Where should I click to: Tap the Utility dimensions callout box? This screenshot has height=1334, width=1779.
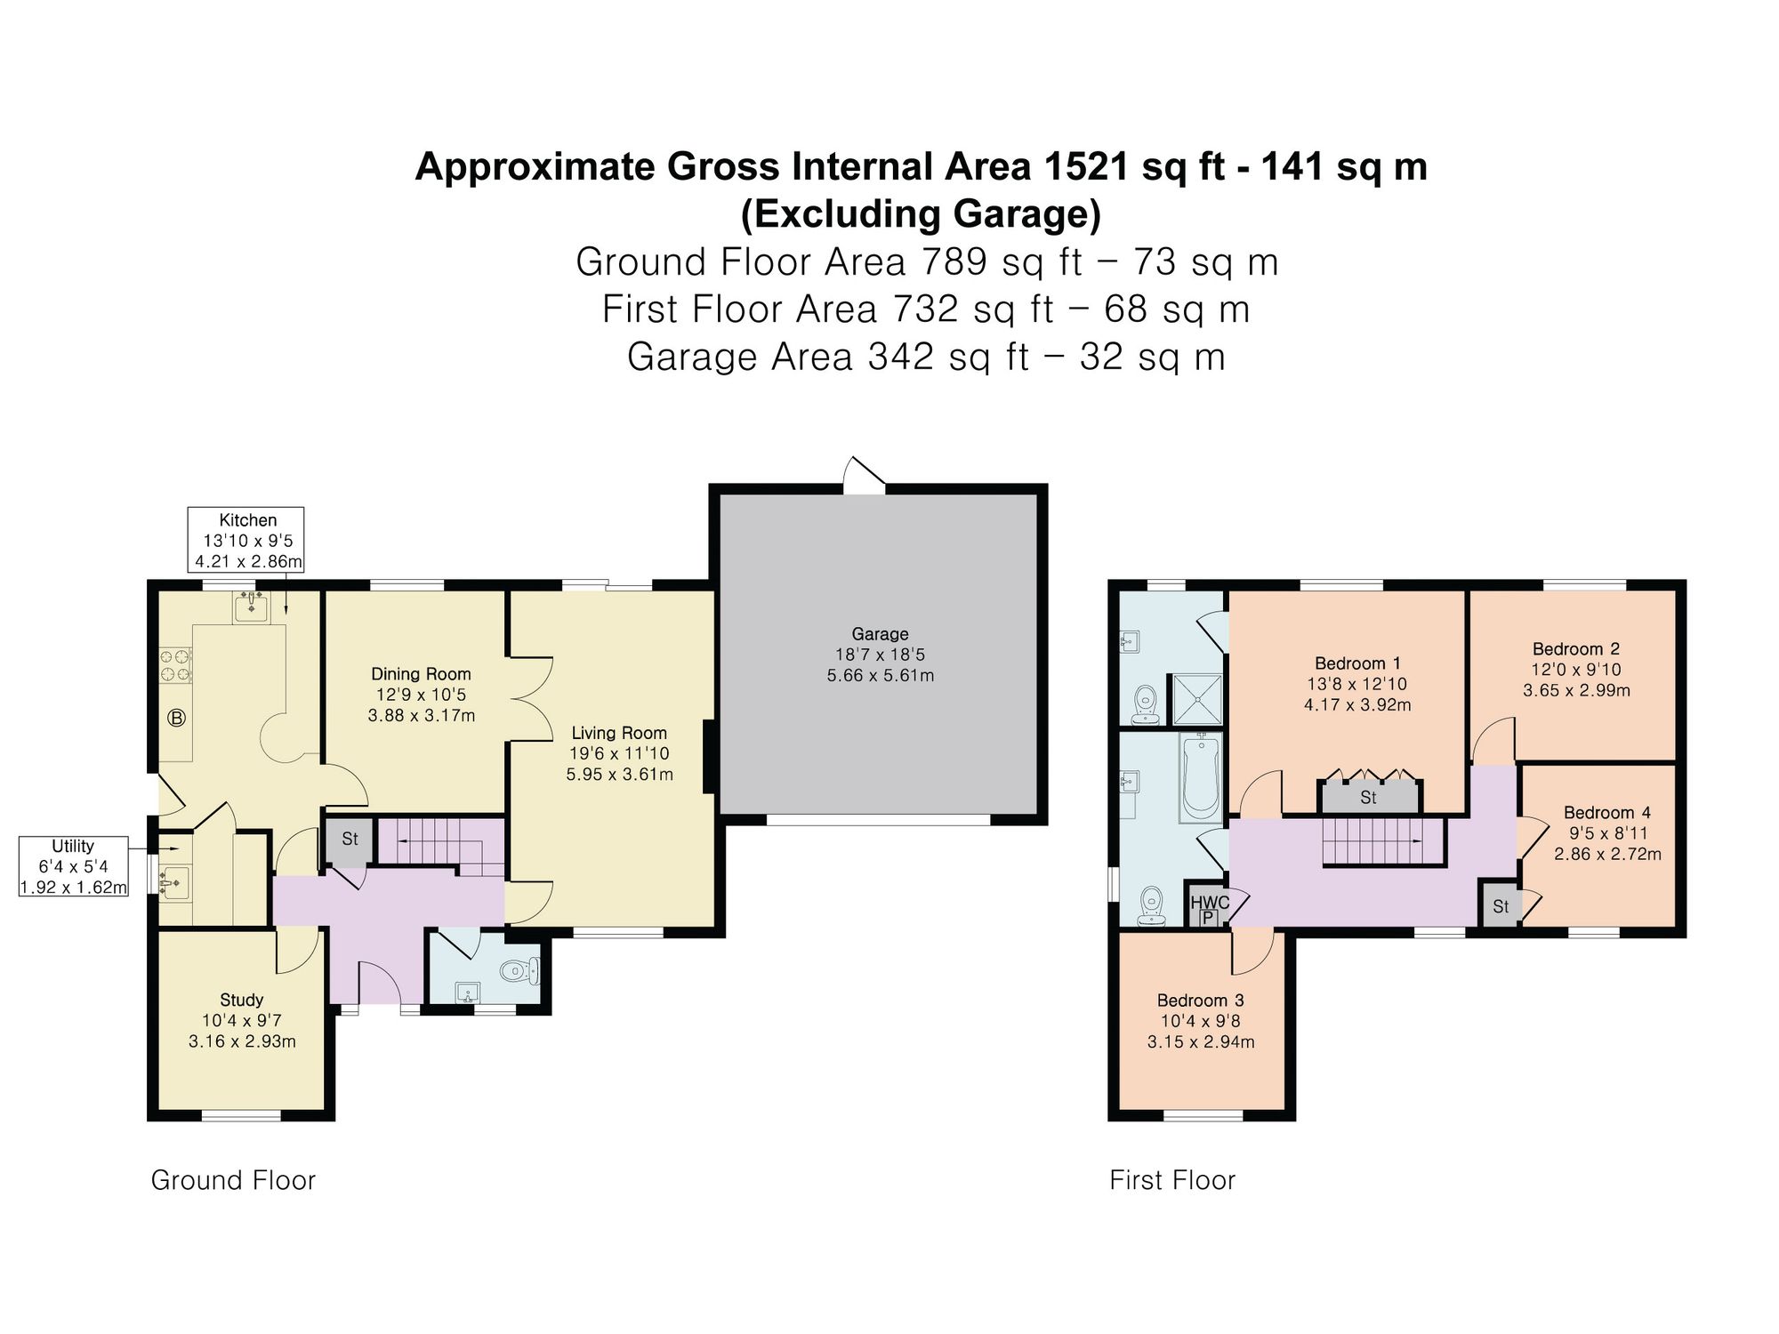[x=74, y=866]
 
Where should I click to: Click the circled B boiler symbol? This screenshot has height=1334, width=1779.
[x=177, y=718]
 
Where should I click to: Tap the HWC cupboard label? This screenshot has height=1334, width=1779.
[x=1210, y=903]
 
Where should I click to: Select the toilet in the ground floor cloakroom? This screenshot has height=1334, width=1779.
[x=520, y=970]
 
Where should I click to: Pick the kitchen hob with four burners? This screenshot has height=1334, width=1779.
[x=175, y=666]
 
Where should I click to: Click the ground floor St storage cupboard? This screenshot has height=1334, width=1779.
[x=350, y=840]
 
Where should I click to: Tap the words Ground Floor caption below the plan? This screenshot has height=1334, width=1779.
[x=233, y=1180]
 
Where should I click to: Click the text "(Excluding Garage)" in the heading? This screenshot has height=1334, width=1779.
[x=921, y=214]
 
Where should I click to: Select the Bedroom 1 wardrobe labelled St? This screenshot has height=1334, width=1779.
[x=1369, y=797]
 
